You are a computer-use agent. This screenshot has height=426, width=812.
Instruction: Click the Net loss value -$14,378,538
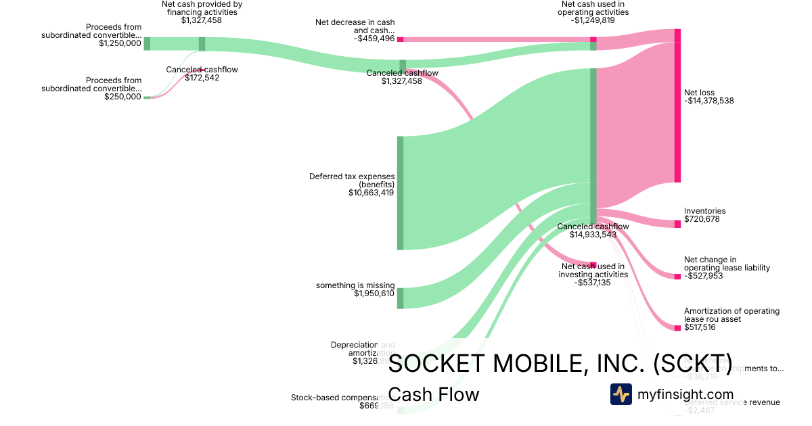click(x=708, y=101)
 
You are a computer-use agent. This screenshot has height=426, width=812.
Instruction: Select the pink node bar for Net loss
click(x=677, y=112)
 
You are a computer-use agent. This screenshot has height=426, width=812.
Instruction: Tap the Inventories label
click(x=704, y=211)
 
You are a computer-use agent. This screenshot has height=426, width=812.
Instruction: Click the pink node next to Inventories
click(x=677, y=224)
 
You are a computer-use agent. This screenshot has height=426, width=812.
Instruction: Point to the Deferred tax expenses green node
click(x=400, y=193)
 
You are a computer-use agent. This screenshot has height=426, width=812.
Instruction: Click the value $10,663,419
click(x=371, y=193)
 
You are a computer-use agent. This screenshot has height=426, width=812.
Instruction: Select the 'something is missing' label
click(x=355, y=285)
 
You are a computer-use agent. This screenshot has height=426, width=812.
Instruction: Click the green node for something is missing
click(x=400, y=298)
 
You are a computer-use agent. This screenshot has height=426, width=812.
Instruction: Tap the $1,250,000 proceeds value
click(x=120, y=43)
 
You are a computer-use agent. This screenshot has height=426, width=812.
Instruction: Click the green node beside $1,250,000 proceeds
click(x=147, y=44)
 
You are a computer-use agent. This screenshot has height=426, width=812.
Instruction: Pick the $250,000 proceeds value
click(x=122, y=97)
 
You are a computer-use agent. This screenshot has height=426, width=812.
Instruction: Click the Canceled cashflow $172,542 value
click(x=202, y=78)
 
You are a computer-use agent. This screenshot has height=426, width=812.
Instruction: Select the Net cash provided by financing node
click(x=202, y=44)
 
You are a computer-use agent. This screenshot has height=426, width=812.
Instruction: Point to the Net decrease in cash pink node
click(x=400, y=39)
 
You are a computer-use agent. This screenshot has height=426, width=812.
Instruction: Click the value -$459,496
click(x=374, y=39)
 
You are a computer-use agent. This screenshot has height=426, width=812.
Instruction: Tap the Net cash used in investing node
click(x=593, y=265)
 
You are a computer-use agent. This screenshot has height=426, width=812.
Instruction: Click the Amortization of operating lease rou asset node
click(x=677, y=328)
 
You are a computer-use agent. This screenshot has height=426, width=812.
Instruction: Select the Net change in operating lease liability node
click(x=677, y=276)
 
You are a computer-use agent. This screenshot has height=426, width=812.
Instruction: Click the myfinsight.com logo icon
click(x=621, y=394)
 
